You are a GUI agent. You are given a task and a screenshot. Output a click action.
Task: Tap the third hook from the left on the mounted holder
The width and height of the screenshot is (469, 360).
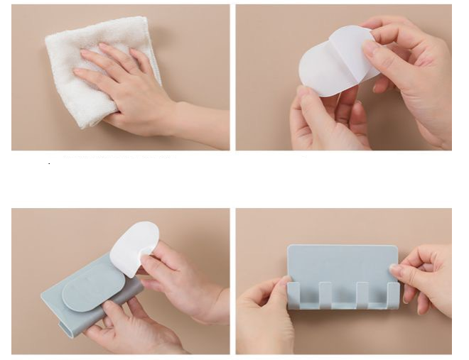[x=360, y=295]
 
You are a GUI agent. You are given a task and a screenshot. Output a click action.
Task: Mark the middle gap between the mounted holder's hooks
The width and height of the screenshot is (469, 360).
[x=343, y=298]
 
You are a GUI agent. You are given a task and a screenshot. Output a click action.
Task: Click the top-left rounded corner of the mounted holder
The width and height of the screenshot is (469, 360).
[x=291, y=249]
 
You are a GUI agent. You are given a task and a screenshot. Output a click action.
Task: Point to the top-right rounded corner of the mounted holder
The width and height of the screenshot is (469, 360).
[x=394, y=249]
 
